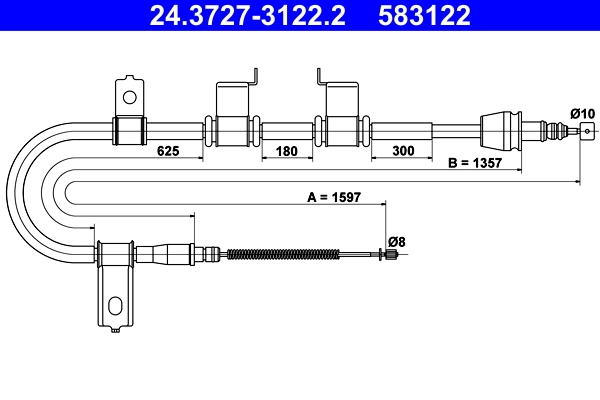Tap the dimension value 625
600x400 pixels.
167,151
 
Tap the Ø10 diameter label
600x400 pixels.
581,112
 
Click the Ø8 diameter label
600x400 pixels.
395,241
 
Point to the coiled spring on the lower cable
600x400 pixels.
283,254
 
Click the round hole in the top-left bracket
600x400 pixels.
128,97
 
